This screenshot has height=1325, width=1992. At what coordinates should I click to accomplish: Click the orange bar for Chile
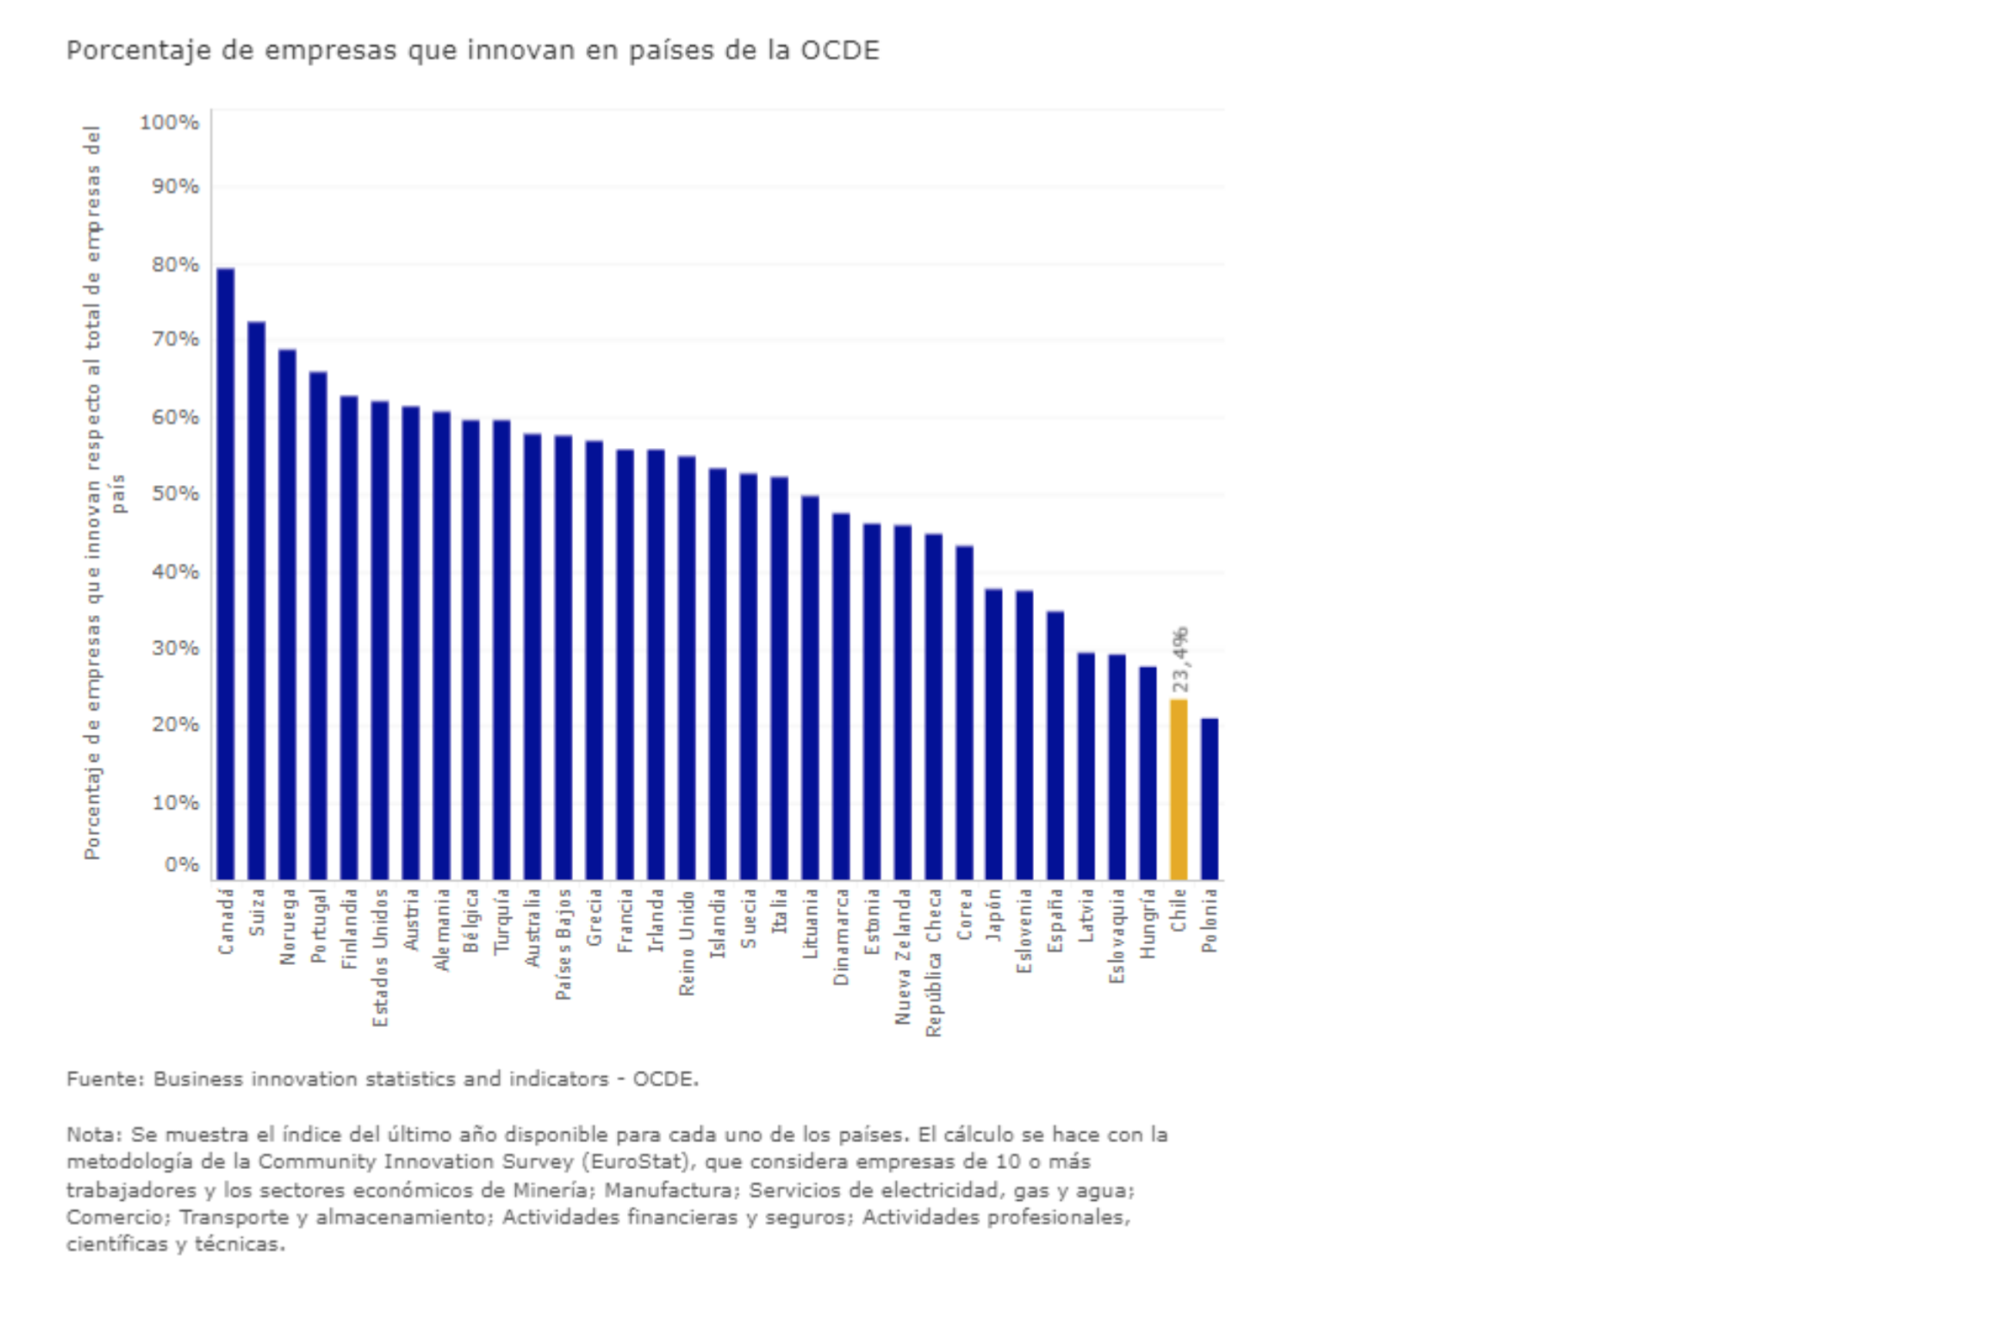click(x=1179, y=789)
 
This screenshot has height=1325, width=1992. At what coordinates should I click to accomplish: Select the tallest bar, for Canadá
click(x=226, y=574)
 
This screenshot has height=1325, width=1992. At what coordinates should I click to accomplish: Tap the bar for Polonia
click(x=1210, y=799)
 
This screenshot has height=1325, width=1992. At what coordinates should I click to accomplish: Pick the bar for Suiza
click(x=257, y=600)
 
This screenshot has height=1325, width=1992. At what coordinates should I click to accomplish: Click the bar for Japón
click(x=994, y=734)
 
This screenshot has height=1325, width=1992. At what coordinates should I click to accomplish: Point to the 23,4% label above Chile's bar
click(x=1180, y=660)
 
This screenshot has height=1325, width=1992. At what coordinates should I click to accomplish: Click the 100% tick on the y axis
click(x=169, y=123)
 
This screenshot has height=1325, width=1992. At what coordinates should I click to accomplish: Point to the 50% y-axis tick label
click(x=175, y=494)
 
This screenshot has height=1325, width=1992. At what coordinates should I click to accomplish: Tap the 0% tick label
click(x=181, y=864)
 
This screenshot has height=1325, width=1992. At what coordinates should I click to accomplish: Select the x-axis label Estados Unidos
click(x=380, y=958)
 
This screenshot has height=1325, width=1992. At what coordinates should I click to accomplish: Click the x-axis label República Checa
click(x=934, y=963)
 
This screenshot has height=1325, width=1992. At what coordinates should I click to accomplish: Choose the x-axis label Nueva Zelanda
click(x=903, y=957)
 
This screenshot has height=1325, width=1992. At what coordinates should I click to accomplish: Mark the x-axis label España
click(x=1055, y=921)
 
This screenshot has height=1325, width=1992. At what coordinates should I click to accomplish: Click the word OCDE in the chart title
click(x=840, y=51)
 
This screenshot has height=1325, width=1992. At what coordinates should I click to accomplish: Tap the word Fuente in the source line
click(x=103, y=1079)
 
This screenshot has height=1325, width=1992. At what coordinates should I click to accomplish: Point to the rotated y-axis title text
click(x=93, y=493)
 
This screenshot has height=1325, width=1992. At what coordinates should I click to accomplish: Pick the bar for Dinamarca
click(x=841, y=696)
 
